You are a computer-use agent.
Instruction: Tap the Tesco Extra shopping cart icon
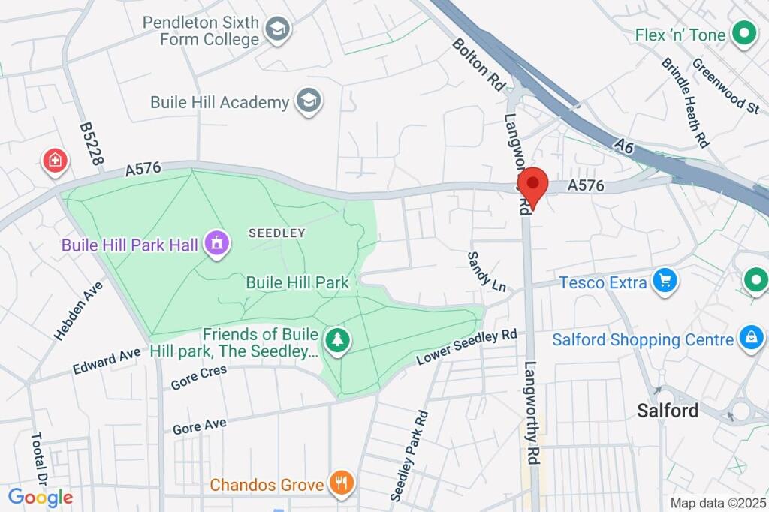[665, 282]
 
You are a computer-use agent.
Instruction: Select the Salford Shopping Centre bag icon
[751, 339]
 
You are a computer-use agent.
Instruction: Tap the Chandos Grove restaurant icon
[342, 484]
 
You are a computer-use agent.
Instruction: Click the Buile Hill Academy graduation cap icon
[309, 101]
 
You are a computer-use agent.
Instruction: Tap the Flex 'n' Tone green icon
[744, 34]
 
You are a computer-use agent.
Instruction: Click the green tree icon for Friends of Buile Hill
[339, 339]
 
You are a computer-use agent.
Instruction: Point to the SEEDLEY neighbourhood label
[277, 233]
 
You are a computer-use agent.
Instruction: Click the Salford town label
[668, 411]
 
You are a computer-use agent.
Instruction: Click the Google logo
[41, 497]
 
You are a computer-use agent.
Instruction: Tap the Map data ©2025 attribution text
[716, 503]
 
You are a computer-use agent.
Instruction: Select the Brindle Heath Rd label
[686, 101]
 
